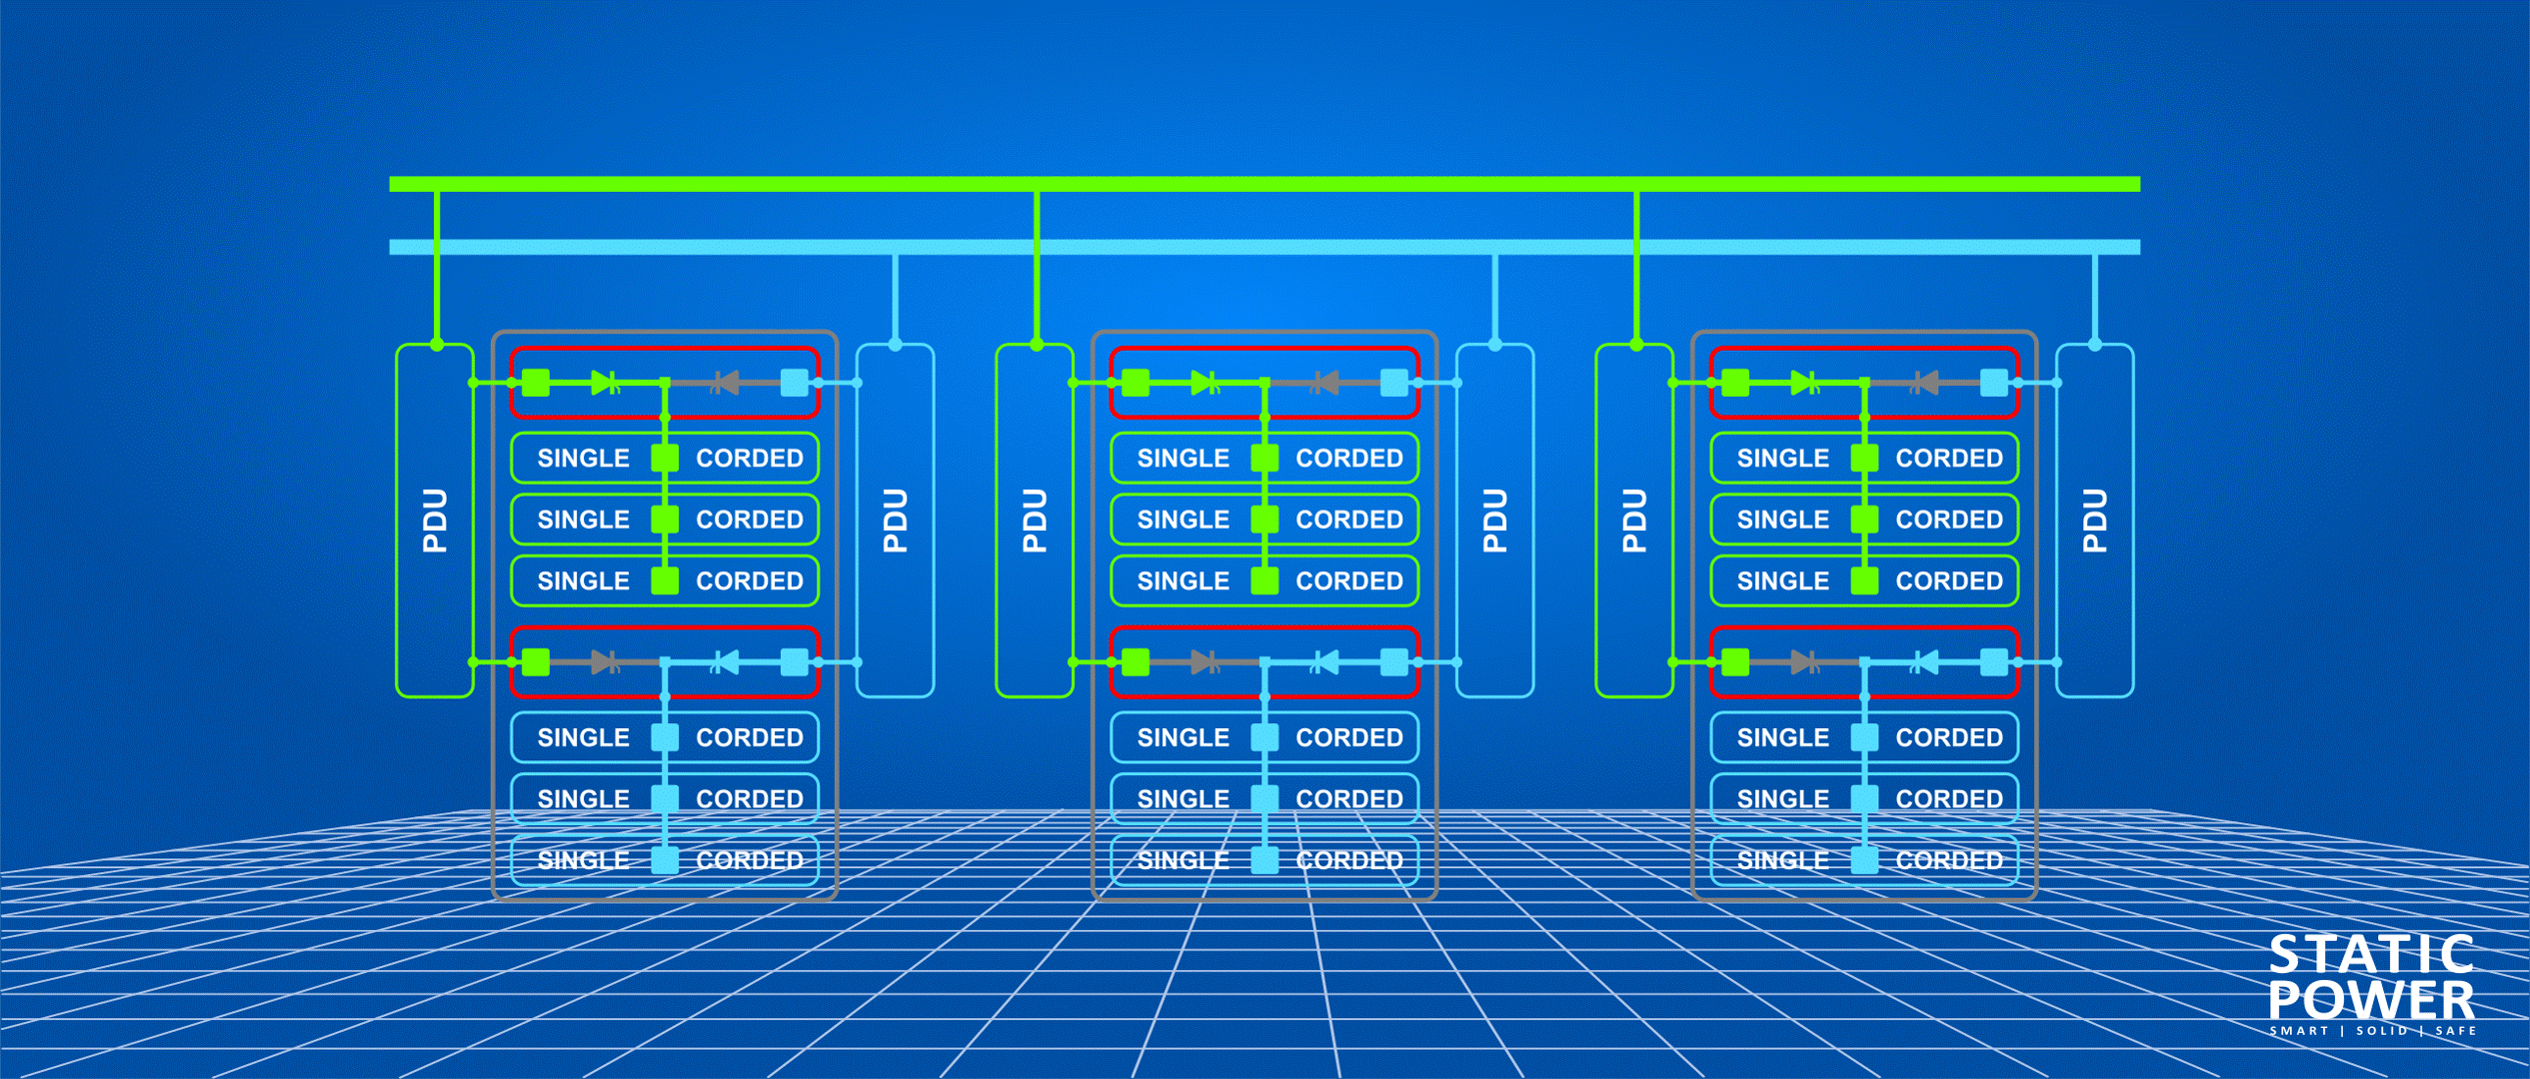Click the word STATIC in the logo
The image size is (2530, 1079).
[2370, 955]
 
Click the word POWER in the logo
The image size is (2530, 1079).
[2370, 1000]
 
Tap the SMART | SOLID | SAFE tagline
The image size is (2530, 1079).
[2372, 1031]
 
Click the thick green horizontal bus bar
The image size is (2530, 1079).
[1264, 184]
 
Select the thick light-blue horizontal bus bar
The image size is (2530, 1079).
[1264, 247]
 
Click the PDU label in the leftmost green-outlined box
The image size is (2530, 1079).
[435, 521]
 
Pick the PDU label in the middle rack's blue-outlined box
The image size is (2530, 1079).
[1494, 521]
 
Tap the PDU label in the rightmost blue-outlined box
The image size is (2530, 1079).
[2094, 521]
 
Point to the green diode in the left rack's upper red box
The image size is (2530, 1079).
[605, 383]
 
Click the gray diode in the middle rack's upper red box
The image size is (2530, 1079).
[1325, 383]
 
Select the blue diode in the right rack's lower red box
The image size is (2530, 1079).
[1924, 661]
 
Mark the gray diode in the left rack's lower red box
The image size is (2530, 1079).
[605, 661]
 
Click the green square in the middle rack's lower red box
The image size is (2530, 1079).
[1136, 661]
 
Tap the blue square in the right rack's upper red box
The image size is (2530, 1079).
[1993, 383]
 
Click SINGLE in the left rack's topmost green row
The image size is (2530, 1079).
[583, 459]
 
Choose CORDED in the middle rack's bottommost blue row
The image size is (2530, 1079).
[1348, 860]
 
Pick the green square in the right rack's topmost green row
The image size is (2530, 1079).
[1864, 459]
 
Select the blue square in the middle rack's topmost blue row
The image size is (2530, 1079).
[1265, 737]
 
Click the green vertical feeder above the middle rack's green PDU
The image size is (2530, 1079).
[1037, 265]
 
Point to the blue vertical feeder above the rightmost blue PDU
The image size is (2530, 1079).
[2094, 298]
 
